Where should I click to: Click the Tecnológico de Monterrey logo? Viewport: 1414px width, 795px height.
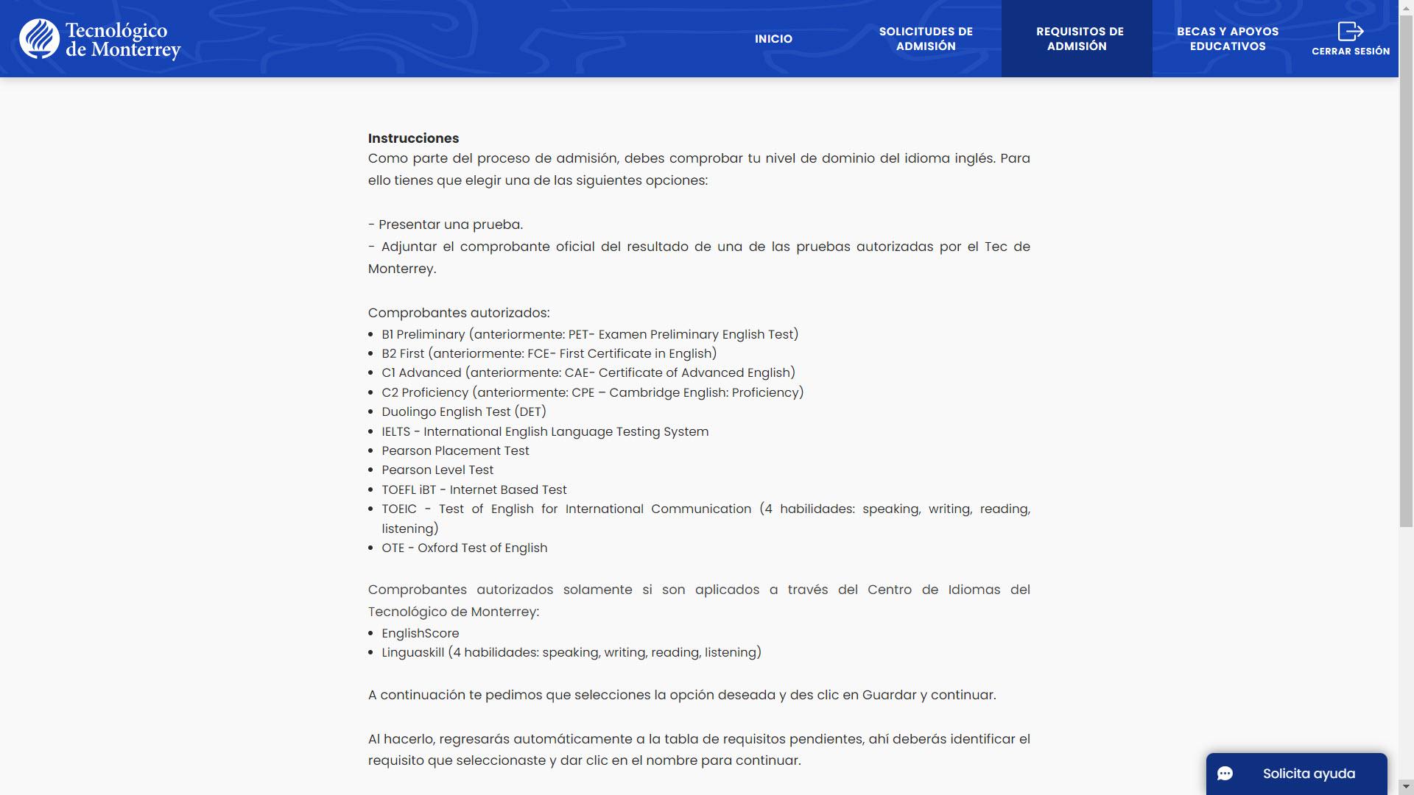(x=100, y=39)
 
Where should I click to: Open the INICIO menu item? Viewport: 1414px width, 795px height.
(x=773, y=39)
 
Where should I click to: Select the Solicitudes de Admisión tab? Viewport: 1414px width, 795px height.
(x=926, y=39)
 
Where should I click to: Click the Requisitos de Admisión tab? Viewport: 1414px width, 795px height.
(x=1077, y=39)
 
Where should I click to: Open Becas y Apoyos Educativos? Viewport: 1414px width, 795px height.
(x=1228, y=39)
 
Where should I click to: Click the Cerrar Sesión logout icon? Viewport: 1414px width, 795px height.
(x=1351, y=32)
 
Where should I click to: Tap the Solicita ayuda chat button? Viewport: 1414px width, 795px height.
(x=1296, y=774)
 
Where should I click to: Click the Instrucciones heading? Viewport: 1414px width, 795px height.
(x=413, y=138)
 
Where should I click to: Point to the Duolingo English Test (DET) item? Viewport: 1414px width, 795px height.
(x=464, y=412)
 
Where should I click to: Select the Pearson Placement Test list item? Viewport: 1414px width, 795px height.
(x=455, y=451)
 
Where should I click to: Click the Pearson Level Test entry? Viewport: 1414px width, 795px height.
(x=437, y=470)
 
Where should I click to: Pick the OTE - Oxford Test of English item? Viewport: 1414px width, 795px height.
(x=464, y=548)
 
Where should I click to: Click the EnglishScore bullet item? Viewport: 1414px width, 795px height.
(x=420, y=634)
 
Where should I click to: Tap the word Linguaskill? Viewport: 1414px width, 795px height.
(x=412, y=653)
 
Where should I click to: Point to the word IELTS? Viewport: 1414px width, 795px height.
(x=395, y=432)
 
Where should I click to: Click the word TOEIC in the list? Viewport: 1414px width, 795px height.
(x=398, y=509)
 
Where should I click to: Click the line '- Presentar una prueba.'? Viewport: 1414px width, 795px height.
(x=446, y=225)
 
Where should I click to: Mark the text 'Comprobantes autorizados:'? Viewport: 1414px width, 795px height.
(x=459, y=313)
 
